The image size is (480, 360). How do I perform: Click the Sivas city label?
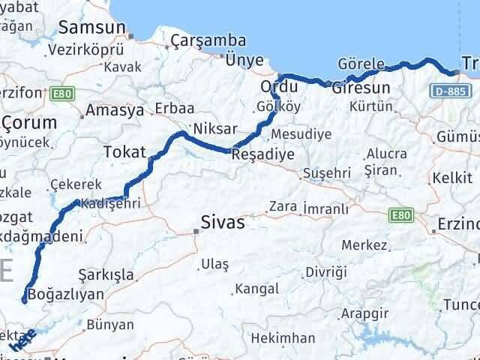(x=223, y=222)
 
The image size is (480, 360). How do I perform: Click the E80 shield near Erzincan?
(x=401, y=215)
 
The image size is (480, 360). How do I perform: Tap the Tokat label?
(x=124, y=151)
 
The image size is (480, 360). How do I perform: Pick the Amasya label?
(x=115, y=110)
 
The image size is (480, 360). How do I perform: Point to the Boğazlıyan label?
(x=66, y=293)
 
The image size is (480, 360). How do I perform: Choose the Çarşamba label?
(x=198, y=40)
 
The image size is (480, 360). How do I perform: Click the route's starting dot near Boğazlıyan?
(x=24, y=301)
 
